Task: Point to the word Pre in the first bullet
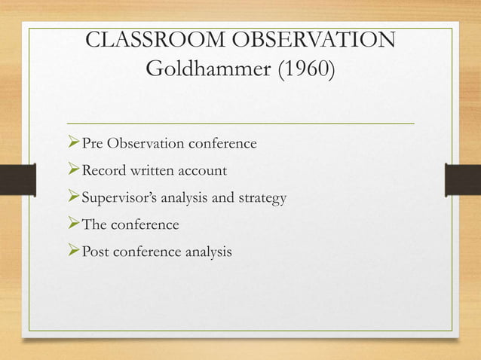[93, 143]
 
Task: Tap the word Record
[105, 170]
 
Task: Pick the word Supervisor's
[116, 198]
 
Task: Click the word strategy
[261, 198]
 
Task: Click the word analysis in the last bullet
[205, 252]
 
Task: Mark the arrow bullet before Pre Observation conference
[73, 143]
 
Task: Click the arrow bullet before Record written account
[73, 170]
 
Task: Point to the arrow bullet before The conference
[73, 224]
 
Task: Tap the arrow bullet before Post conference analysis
[73, 252]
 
